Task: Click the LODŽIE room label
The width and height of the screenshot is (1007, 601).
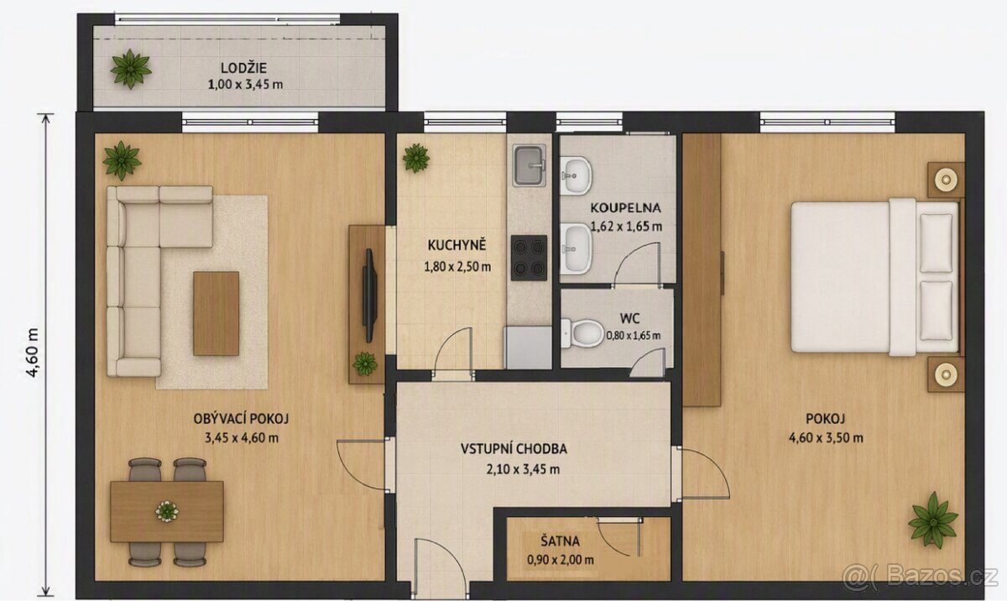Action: [x=243, y=68]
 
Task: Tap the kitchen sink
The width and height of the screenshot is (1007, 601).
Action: [x=530, y=165]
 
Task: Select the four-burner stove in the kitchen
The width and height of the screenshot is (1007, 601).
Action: [x=529, y=258]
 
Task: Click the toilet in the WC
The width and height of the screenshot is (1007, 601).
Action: [x=582, y=333]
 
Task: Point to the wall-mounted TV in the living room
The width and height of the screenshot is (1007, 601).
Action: [x=369, y=295]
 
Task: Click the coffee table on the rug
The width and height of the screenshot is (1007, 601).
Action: [x=217, y=313]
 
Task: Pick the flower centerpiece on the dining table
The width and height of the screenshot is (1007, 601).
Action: [x=167, y=511]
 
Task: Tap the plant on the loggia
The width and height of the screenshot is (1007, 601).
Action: [x=130, y=69]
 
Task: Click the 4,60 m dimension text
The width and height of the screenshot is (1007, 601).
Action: [x=33, y=353]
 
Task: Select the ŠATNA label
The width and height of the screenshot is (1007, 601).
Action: [x=560, y=541]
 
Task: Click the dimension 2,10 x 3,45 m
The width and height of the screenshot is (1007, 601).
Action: [x=523, y=469]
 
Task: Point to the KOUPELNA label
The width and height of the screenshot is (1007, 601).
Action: [x=625, y=207]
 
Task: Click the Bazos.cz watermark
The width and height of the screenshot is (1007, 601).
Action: [x=920, y=576]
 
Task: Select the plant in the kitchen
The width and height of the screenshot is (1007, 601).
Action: [x=416, y=158]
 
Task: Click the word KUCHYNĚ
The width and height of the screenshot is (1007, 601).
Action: [x=457, y=245]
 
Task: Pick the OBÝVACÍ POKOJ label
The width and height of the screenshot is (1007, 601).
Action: [x=241, y=419]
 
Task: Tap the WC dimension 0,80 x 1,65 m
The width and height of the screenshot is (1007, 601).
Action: [x=633, y=336]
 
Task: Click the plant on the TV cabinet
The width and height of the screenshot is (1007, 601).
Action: [x=364, y=363]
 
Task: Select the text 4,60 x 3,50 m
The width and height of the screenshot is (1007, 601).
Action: [x=826, y=437]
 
